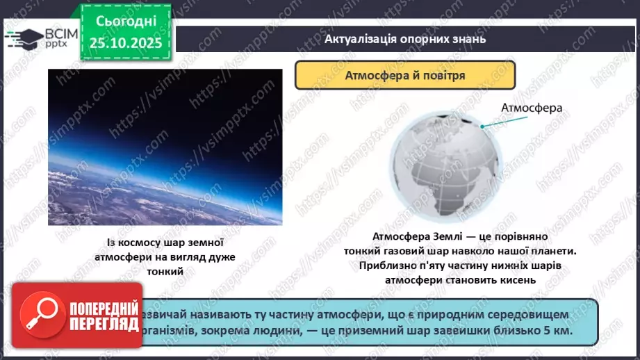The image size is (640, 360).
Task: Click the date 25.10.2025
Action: (x=124, y=42)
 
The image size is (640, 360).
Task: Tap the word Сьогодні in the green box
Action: (x=124, y=22)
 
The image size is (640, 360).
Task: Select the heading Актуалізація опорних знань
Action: (x=404, y=39)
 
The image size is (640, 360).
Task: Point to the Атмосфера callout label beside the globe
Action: (x=531, y=108)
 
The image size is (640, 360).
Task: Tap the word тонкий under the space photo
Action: (x=165, y=272)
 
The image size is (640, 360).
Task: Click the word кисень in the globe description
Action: (x=510, y=280)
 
